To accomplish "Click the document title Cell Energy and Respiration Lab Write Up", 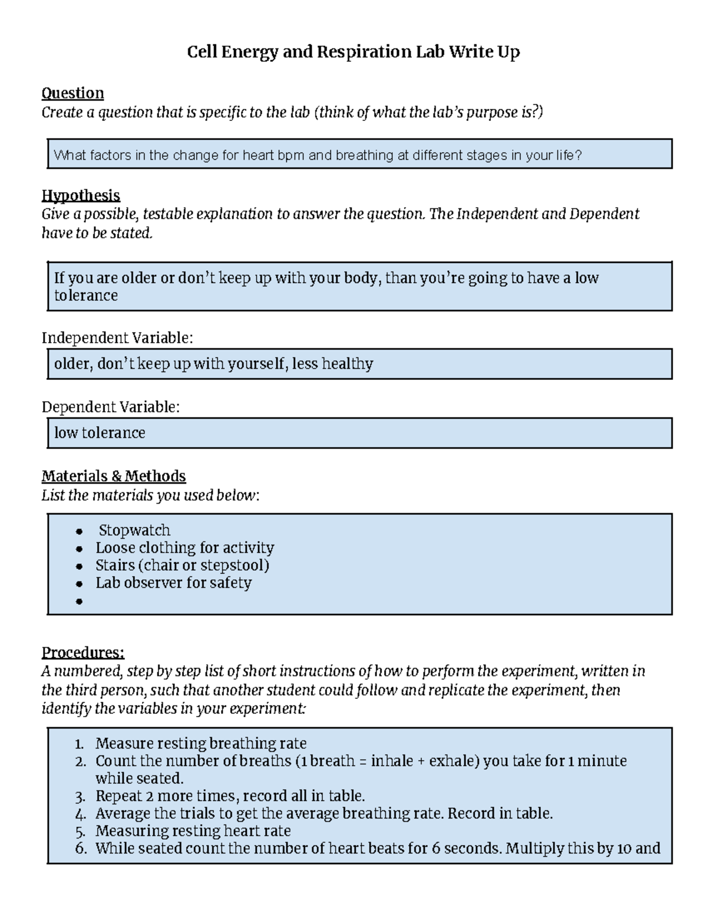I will (353, 52).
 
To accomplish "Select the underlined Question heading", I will (72, 93).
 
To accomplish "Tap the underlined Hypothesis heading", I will (81, 195).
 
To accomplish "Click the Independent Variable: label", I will (117, 338).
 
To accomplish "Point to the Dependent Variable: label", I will (110, 407).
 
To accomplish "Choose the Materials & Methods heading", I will (113, 476).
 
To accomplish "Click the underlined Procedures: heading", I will (82, 652).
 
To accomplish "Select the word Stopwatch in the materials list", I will (134, 530).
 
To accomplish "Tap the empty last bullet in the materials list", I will (80, 602).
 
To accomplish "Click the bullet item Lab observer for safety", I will (173, 583).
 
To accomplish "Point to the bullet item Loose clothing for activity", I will (184, 548).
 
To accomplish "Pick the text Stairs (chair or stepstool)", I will (182, 565).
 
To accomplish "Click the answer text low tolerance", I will (100, 433).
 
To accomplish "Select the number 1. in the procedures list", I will (81, 744).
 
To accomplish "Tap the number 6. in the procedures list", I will (81, 849).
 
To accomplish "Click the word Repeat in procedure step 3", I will (118, 796).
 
